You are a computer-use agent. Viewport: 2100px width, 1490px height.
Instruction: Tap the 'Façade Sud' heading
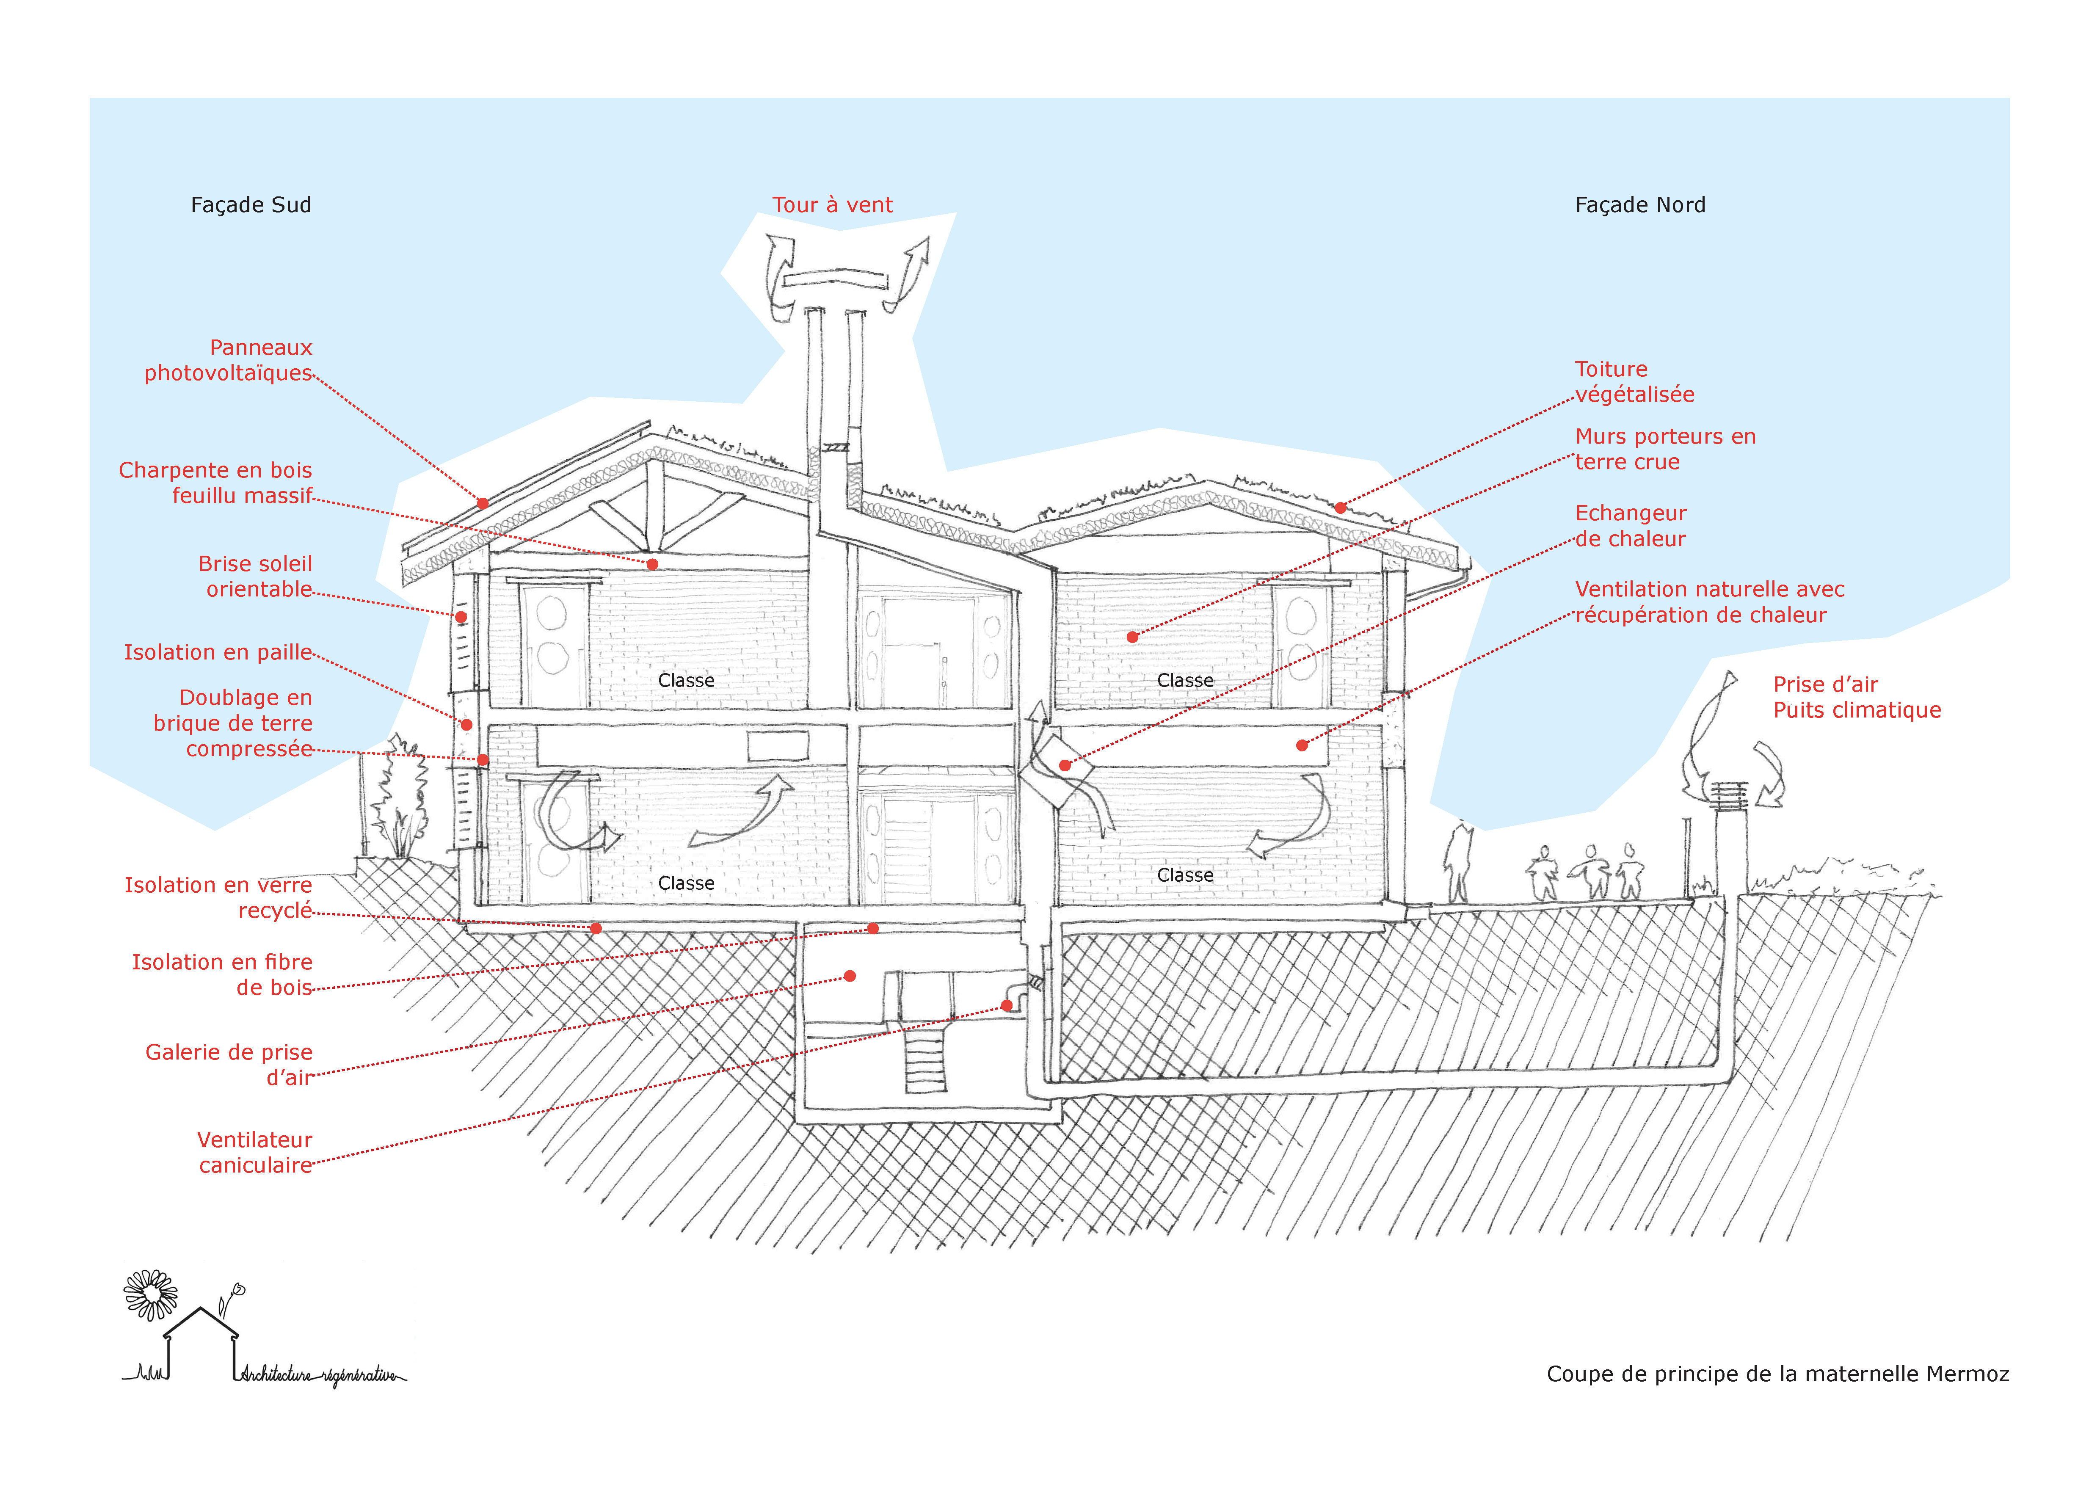point(251,204)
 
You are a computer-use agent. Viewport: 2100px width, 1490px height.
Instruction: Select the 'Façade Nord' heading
point(1639,204)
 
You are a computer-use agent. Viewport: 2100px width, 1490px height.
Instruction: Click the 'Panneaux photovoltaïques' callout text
point(229,360)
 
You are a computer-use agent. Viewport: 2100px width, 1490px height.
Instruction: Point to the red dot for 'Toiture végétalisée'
point(1340,508)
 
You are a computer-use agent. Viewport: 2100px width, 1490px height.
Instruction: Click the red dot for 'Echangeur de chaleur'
point(1064,765)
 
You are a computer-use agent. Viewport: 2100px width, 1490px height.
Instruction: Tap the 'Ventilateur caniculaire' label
point(255,1152)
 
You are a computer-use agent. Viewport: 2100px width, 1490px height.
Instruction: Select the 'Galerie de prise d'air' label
point(229,1064)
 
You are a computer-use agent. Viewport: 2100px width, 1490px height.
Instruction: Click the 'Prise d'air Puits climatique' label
point(1856,697)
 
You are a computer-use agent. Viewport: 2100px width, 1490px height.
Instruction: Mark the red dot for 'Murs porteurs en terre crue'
point(1132,637)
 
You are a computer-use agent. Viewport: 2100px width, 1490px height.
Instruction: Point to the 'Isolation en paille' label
point(218,652)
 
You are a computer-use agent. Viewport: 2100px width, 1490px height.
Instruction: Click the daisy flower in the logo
point(150,1294)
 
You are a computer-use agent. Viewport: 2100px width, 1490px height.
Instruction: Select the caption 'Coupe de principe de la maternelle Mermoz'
point(1777,1374)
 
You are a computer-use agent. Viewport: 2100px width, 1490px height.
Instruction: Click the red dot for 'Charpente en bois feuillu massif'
point(652,564)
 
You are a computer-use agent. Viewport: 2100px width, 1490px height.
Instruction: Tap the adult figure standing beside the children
point(1457,862)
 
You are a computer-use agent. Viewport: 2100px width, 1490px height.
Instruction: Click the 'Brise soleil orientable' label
point(255,576)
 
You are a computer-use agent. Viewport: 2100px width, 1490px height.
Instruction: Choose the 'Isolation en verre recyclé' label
point(218,897)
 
